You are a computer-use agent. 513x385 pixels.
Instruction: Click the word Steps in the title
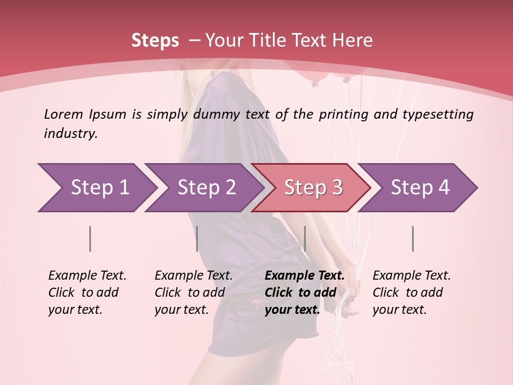pos(155,40)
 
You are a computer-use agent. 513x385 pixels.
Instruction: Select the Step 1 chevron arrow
pos(96,188)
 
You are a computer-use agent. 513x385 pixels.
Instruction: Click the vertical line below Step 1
pos(90,238)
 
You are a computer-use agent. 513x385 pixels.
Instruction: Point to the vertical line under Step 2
pos(197,238)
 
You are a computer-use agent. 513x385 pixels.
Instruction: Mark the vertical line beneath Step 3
pos(305,238)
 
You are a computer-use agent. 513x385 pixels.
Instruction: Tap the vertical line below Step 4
pos(413,238)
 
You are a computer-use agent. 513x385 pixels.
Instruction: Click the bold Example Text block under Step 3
pos(305,292)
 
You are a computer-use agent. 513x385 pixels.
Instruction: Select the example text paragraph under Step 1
pos(87,292)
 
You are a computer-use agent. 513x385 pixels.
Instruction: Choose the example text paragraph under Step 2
pos(193,292)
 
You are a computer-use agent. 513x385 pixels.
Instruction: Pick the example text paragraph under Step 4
pos(411,292)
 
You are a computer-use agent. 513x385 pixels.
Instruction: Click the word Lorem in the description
pos(64,114)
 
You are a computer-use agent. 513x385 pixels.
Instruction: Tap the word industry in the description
pos(70,133)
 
